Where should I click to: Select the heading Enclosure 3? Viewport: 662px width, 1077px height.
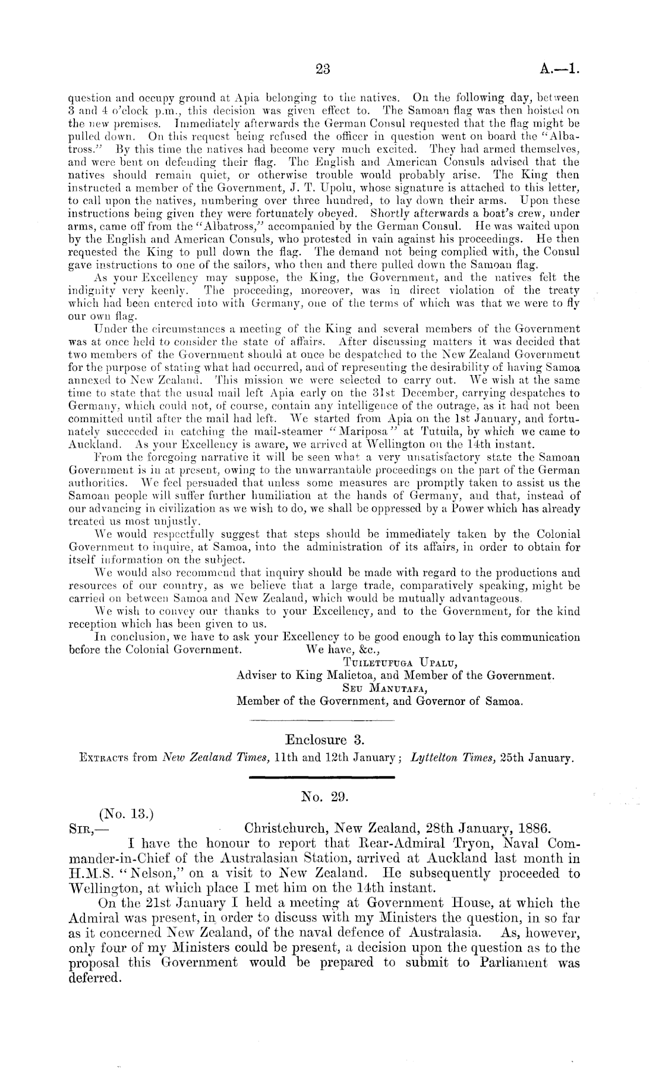point(324,740)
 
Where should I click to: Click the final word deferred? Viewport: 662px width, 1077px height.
point(95,978)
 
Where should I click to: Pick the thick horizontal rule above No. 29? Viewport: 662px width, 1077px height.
point(321,777)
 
